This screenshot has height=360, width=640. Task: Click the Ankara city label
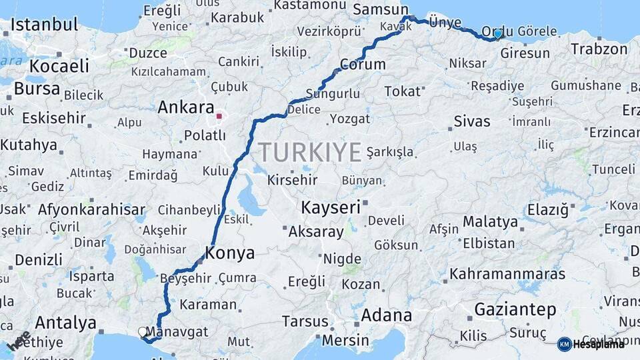coord(185,108)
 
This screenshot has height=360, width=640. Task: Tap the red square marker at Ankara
coord(219,116)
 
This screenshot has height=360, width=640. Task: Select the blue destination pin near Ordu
coord(497,33)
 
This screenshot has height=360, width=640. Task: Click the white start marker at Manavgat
coord(142,331)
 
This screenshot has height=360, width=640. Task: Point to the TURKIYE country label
coord(310,152)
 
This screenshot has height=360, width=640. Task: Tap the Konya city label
coord(229,253)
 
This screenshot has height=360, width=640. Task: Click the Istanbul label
coord(43,25)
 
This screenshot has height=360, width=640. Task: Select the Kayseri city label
coord(330,207)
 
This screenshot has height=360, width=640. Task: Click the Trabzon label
coord(599,49)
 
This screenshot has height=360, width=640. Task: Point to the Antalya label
coord(65,323)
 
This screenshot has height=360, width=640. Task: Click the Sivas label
coord(471,121)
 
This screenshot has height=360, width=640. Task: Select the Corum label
coord(363,65)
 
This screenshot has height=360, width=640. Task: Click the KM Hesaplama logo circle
coord(564,344)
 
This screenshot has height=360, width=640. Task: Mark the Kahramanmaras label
coord(507,274)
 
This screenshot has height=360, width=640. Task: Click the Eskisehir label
coord(53,118)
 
